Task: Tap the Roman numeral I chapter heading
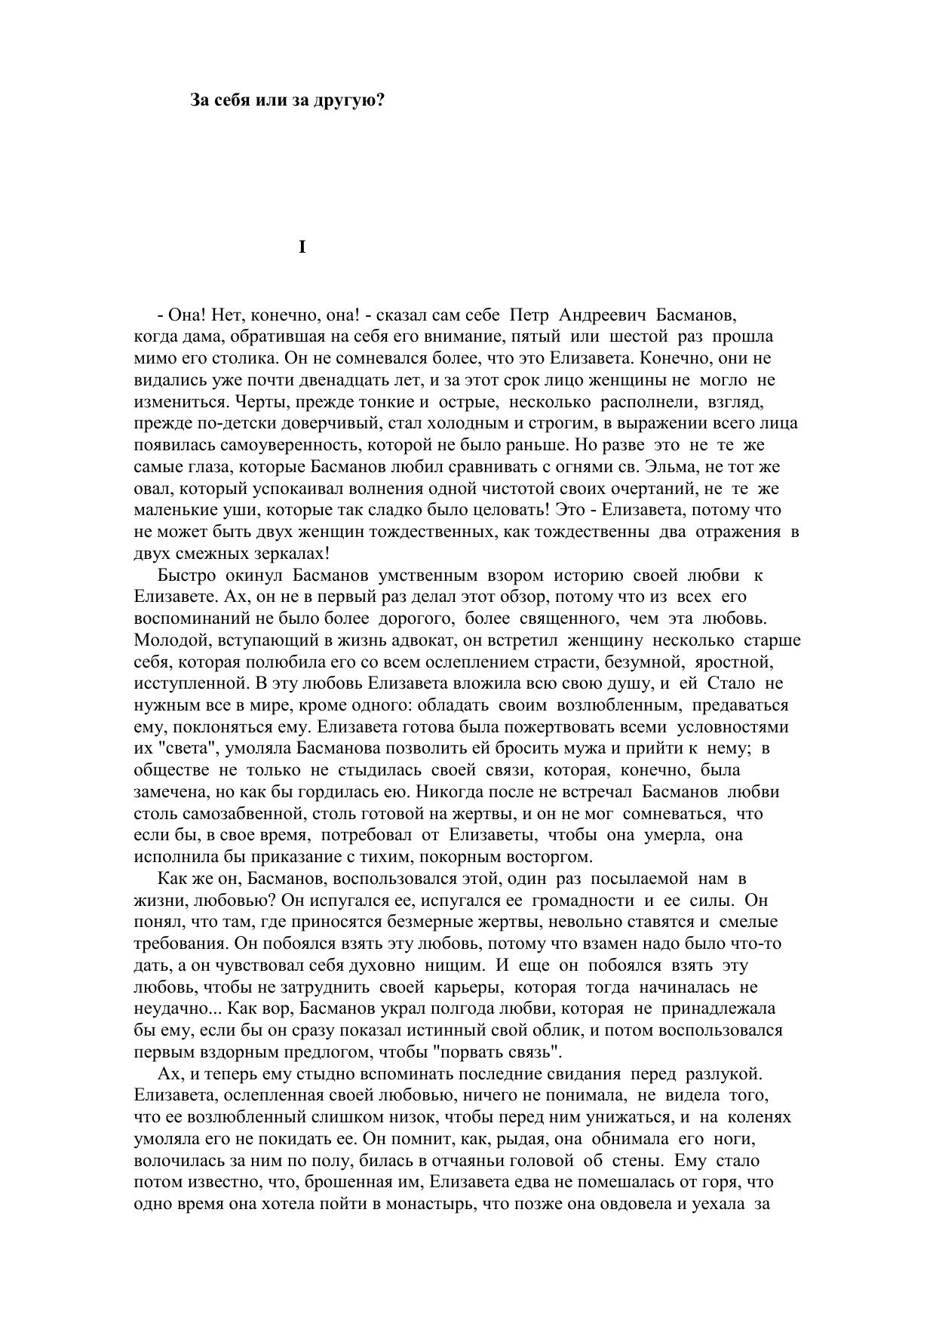tap(302, 247)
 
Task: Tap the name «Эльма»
tap(676, 466)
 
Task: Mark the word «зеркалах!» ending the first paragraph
tap(293, 553)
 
